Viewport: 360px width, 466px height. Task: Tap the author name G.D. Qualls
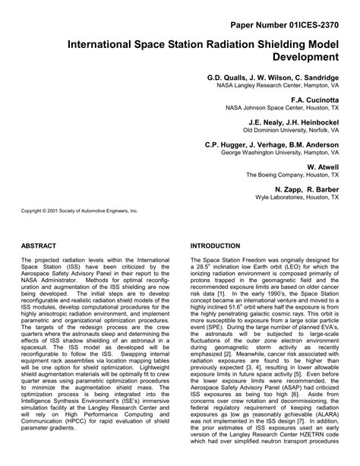[x=228, y=78]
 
